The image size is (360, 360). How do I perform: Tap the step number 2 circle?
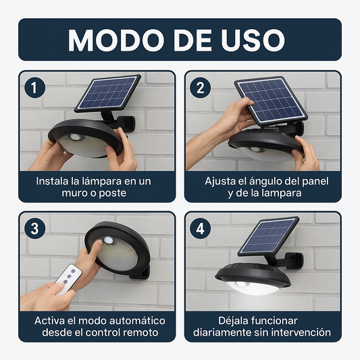pos(199,88)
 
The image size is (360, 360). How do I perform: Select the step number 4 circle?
pos(199,229)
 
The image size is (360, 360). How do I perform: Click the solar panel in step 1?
pos(107,93)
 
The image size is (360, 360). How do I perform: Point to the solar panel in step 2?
pos(271,99)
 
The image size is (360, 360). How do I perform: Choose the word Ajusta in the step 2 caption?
pos(221,181)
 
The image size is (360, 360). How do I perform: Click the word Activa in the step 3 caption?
pos(49,320)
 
